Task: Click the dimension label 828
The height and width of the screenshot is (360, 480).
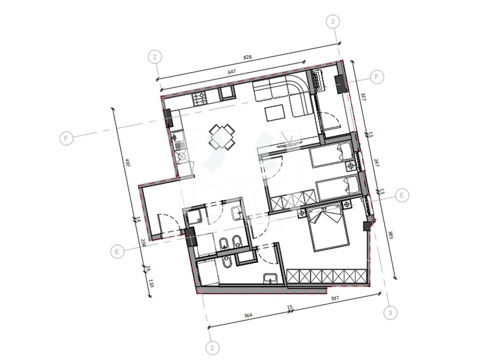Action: click(247, 57)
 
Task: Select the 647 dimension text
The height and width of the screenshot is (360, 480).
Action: click(232, 72)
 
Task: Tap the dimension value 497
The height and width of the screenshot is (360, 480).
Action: click(127, 162)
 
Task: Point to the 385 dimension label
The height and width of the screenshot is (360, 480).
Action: click(390, 235)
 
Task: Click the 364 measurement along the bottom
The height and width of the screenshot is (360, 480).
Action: click(248, 315)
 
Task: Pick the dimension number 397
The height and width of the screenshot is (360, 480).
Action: click(335, 298)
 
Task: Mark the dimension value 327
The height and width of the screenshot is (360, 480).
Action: click(363, 97)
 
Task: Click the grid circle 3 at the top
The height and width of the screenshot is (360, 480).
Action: click(333, 22)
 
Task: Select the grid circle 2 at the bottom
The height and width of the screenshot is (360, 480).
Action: click(212, 348)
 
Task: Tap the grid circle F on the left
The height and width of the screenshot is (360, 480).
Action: click(66, 138)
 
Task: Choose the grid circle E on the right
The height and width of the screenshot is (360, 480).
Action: click(402, 195)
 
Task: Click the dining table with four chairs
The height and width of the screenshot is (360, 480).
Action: click(222, 137)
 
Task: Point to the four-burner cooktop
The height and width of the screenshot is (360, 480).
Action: click(200, 98)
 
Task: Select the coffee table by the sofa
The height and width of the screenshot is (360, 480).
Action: click(275, 113)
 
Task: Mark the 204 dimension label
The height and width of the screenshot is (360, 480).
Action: click(143, 242)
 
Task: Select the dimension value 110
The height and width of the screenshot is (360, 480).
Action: click(150, 283)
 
